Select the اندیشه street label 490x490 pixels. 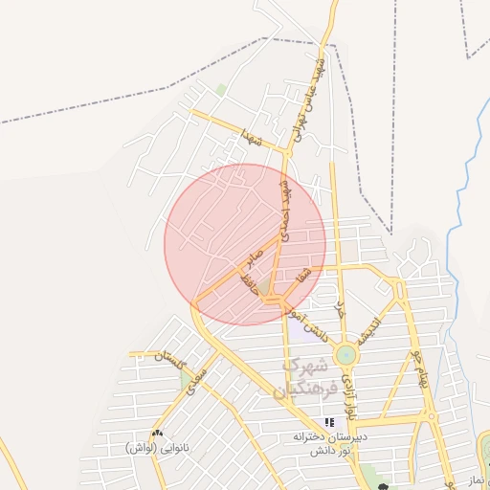[x=369, y=327]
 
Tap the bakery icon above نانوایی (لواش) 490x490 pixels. [x=157, y=433]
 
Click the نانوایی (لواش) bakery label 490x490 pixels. [x=156, y=447]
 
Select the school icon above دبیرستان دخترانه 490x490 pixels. [x=329, y=422]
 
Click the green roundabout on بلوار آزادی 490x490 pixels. [x=345, y=356]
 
